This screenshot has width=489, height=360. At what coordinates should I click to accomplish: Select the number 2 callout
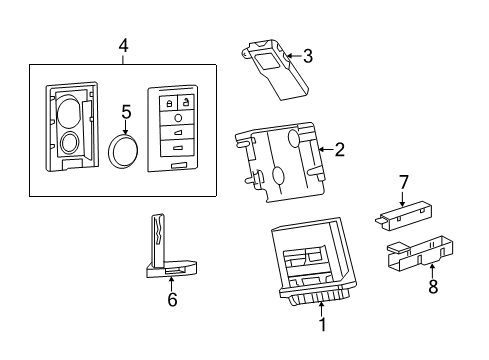pyautogui.click(x=339, y=150)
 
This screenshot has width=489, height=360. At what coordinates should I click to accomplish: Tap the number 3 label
pyautogui.click(x=308, y=57)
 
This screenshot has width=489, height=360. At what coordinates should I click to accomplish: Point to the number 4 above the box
pyautogui.click(x=122, y=46)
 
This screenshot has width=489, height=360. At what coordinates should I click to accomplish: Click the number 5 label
pyautogui.click(x=126, y=113)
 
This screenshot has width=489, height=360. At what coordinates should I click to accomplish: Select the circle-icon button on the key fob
pyautogui.click(x=178, y=117)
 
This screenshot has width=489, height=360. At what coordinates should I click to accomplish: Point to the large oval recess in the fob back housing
pyautogui.click(x=69, y=109)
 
